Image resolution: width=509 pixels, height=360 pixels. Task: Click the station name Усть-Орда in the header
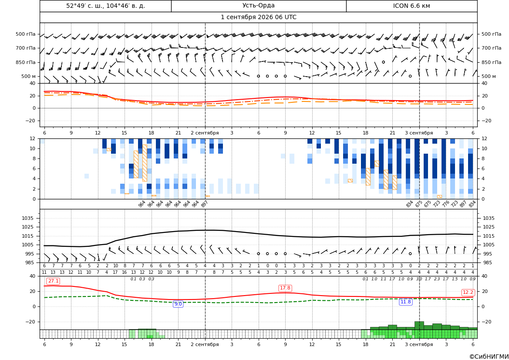pyautogui.click(x=258, y=6)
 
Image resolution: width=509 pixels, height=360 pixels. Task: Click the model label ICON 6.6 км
pyautogui.click(x=411, y=6)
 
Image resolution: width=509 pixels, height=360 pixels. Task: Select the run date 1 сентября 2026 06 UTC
pyautogui.click(x=258, y=17)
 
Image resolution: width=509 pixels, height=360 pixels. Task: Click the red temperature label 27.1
pyautogui.click(x=53, y=281)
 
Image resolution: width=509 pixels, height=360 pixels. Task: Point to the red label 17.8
pyautogui.click(x=285, y=288)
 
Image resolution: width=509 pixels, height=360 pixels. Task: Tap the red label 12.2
pyautogui.click(x=468, y=292)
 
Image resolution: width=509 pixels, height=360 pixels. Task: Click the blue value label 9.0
pyautogui.click(x=178, y=304)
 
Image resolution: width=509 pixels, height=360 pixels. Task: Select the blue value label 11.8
pyautogui.click(x=405, y=302)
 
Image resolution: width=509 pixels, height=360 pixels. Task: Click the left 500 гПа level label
pyautogui.click(x=26, y=34)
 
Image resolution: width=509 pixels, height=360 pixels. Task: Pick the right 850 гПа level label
pyautogui.click(x=491, y=62)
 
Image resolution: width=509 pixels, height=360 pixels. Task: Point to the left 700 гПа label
pyautogui.click(x=26, y=48)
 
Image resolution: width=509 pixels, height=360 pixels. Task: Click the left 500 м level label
pyautogui.click(x=29, y=76)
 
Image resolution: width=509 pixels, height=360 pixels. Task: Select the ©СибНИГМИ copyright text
pyautogui.click(x=489, y=357)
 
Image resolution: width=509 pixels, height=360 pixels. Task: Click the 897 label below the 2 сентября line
pyautogui.click(x=204, y=204)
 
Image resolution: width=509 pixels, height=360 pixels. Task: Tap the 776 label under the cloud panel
pyautogui.click(x=445, y=204)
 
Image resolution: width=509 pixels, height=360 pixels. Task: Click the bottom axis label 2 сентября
pyautogui.click(x=205, y=344)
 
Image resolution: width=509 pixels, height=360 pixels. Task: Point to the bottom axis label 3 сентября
pyautogui.click(x=419, y=344)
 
